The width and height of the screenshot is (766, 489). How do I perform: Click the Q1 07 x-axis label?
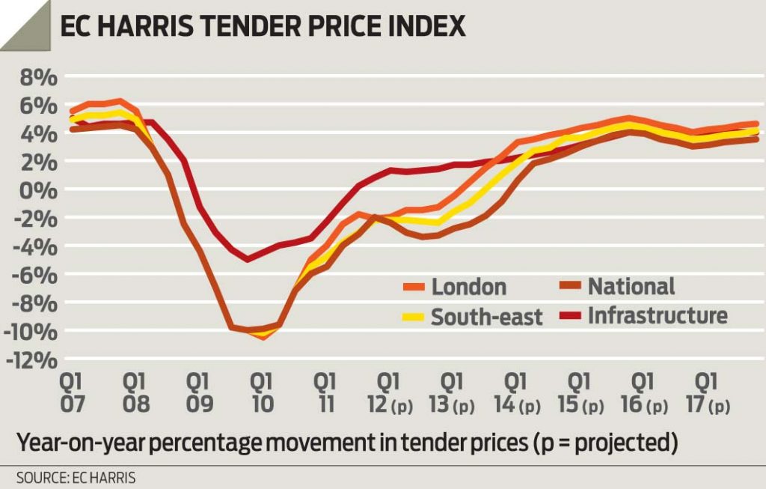coord(74,392)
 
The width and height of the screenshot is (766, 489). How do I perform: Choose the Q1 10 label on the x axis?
coord(262,392)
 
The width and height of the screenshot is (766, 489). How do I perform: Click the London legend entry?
coord(468,286)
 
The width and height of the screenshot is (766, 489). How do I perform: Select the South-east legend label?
coord(486,317)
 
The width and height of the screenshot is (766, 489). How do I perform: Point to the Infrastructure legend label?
coord(656,315)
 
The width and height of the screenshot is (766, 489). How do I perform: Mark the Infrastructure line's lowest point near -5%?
coord(248,259)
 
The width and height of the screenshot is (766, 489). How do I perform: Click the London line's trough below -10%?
coord(263,336)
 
